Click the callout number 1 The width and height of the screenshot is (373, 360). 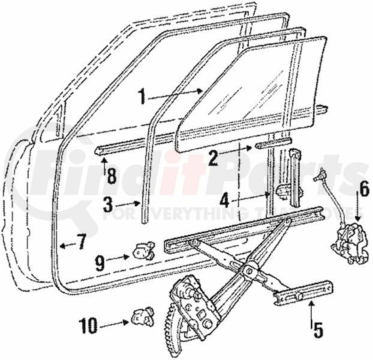(142, 96)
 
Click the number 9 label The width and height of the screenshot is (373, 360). (100, 263)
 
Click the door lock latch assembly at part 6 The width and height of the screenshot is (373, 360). (350, 243)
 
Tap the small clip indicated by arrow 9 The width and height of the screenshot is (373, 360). (144, 251)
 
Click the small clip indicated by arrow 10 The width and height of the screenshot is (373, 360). (143, 316)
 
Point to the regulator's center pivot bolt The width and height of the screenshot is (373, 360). (249, 271)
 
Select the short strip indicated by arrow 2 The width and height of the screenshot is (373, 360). (273, 143)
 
